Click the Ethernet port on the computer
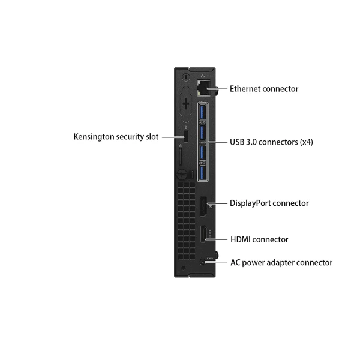(203, 88)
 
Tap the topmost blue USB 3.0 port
(202, 112)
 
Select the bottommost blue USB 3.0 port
(202, 173)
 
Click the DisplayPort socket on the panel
(203, 207)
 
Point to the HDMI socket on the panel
(203, 234)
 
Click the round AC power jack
(202, 262)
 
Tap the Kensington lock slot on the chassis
(186, 136)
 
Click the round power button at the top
(186, 77)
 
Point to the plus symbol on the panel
(186, 104)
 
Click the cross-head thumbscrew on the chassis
(182, 175)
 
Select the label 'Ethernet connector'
(264, 89)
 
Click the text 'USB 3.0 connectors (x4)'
(271, 142)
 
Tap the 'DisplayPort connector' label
(269, 203)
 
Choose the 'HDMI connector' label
(259, 239)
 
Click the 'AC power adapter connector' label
(281, 262)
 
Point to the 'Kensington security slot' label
(116, 137)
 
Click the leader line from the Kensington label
(173, 137)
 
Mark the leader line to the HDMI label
(216, 239)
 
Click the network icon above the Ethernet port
(203, 76)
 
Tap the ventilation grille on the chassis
(186, 221)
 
